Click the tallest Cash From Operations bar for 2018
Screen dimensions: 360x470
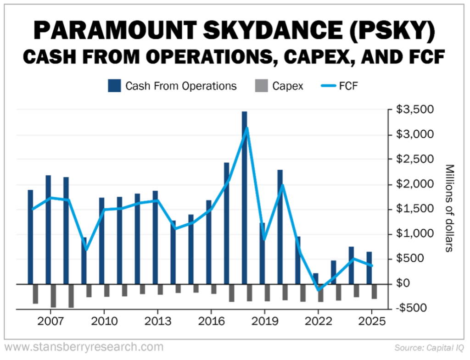(x=244, y=197)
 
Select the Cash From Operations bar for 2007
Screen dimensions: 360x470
(x=48, y=229)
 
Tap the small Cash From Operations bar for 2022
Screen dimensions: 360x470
(x=315, y=278)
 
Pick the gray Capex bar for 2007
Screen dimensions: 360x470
(x=53, y=295)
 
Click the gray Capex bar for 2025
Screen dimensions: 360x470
(x=374, y=292)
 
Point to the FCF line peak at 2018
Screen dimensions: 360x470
(x=247, y=128)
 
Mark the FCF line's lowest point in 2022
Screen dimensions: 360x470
(x=318, y=290)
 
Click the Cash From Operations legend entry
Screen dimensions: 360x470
(x=173, y=86)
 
